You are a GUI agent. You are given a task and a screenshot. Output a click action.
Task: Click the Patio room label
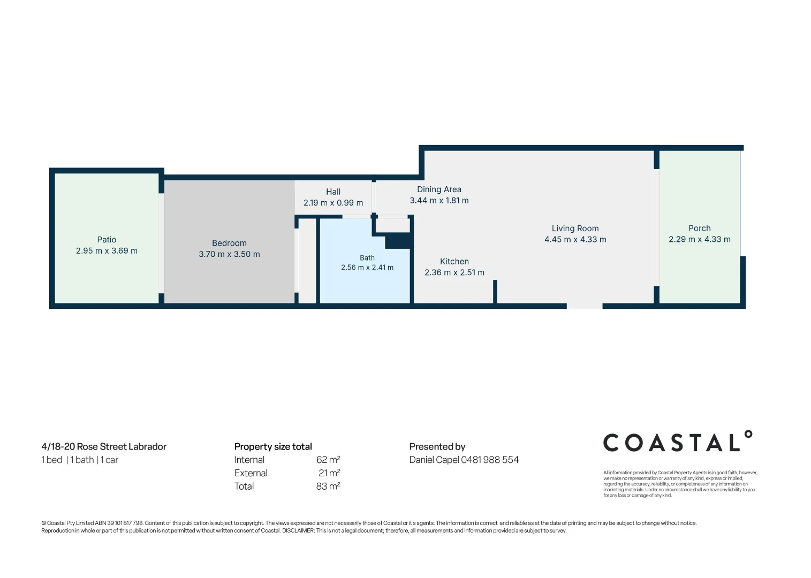coord(107,240)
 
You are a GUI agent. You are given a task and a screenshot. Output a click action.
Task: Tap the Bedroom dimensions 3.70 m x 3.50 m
coord(229,254)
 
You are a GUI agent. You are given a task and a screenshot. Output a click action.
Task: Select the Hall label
coord(333,192)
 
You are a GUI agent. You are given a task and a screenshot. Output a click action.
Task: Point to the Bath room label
coord(367,258)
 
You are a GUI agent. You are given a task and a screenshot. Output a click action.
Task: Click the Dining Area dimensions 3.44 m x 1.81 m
coord(439,201)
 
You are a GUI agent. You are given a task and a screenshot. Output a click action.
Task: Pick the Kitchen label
coord(454,261)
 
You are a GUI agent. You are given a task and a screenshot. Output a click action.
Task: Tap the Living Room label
coord(575,229)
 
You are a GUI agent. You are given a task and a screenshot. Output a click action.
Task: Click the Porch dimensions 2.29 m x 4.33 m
coord(700,239)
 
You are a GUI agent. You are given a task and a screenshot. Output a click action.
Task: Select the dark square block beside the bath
coord(398,241)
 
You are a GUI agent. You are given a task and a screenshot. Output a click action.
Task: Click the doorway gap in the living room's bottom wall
coord(585,306)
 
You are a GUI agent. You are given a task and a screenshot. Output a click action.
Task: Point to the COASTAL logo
coord(678,441)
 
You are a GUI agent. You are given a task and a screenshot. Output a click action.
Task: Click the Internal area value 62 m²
coord(328,460)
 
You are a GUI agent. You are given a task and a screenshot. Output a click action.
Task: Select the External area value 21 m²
coord(329,473)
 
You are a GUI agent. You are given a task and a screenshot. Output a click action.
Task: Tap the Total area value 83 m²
coord(328,486)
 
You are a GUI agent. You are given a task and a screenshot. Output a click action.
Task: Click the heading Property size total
coord(273,447)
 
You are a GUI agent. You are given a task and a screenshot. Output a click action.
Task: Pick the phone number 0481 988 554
coord(490,460)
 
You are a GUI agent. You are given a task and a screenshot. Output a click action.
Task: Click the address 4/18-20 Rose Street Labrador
coord(104,447)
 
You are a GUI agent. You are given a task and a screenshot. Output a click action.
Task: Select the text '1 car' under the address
coord(109,460)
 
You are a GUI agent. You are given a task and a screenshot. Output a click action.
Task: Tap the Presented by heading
coord(437,447)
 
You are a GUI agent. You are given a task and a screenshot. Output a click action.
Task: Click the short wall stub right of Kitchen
coord(495,291)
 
